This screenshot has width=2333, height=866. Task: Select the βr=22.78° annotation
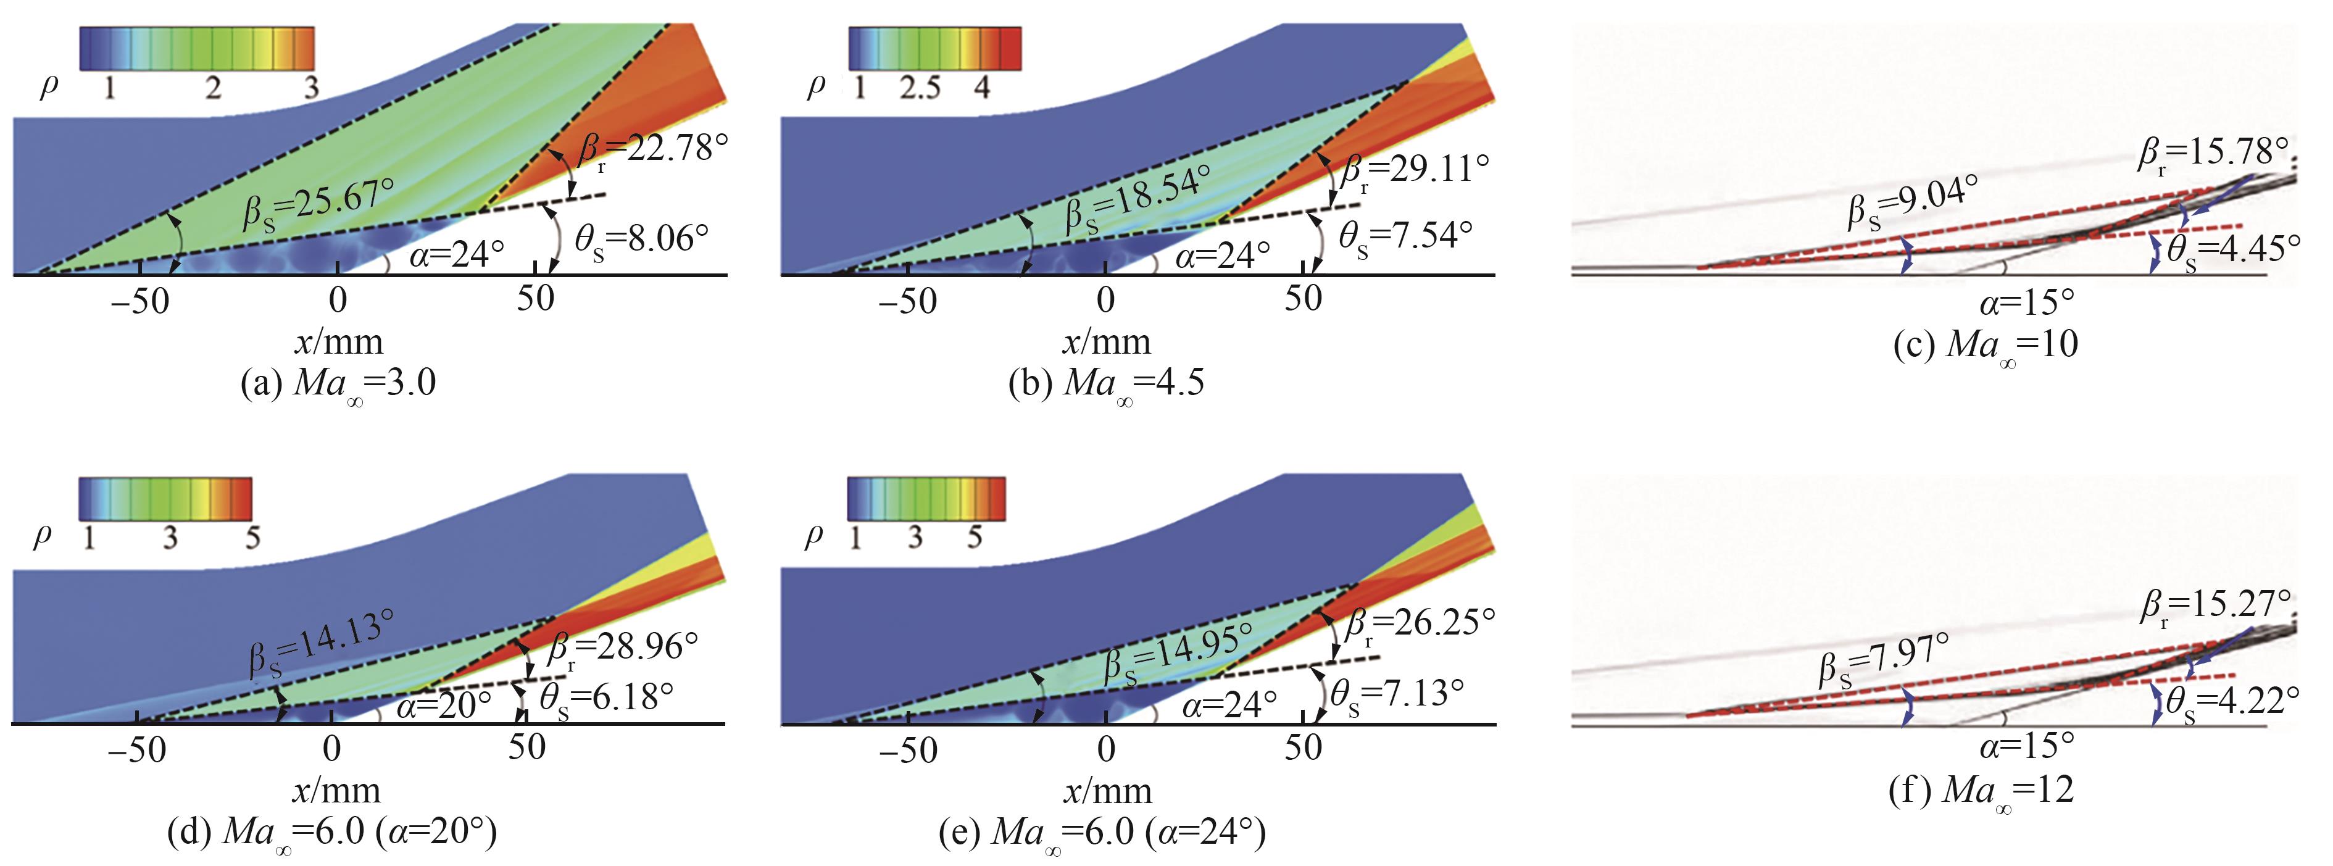[x=652, y=151]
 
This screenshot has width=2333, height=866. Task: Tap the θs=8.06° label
[x=642, y=240]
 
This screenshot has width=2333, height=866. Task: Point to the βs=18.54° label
[x=1137, y=199]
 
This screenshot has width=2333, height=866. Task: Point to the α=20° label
[x=444, y=704]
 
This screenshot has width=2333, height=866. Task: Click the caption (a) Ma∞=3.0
[x=338, y=383]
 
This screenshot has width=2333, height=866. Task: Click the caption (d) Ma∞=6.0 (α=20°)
[x=333, y=831]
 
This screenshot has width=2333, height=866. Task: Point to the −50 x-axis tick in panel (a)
[x=139, y=301]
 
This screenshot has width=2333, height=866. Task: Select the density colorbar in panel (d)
[x=165, y=498]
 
